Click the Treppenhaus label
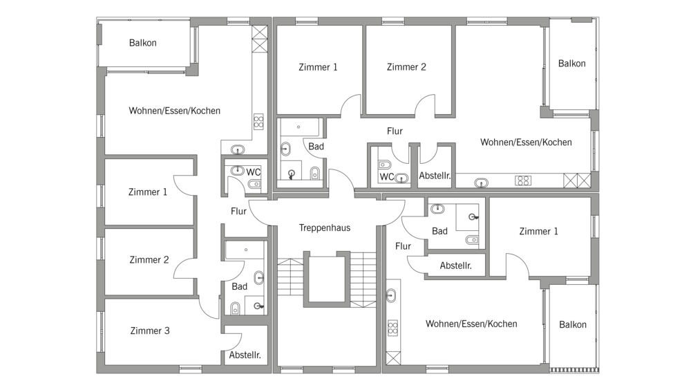click(x=325, y=228)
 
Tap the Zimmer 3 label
click(x=150, y=331)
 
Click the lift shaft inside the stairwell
click(x=326, y=279)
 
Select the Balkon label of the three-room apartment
click(x=143, y=43)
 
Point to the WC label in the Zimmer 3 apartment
click(x=254, y=172)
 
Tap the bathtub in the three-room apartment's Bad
click(x=246, y=250)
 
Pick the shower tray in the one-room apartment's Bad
click(x=468, y=217)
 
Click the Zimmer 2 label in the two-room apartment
click(x=406, y=67)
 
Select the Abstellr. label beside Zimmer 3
click(x=245, y=355)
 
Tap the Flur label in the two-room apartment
click(x=395, y=131)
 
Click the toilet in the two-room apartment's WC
click(x=385, y=165)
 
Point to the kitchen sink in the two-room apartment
click(x=481, y=182)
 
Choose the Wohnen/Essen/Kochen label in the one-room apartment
click(x=471, y=324)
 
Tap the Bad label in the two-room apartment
click(x=316, y=147)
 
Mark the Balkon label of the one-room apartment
click(x=573, y=325)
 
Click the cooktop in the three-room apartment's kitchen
click(x=258, y=121)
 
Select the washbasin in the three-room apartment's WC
click(x=238, y=170)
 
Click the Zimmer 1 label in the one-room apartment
click(x=538, y=231)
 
